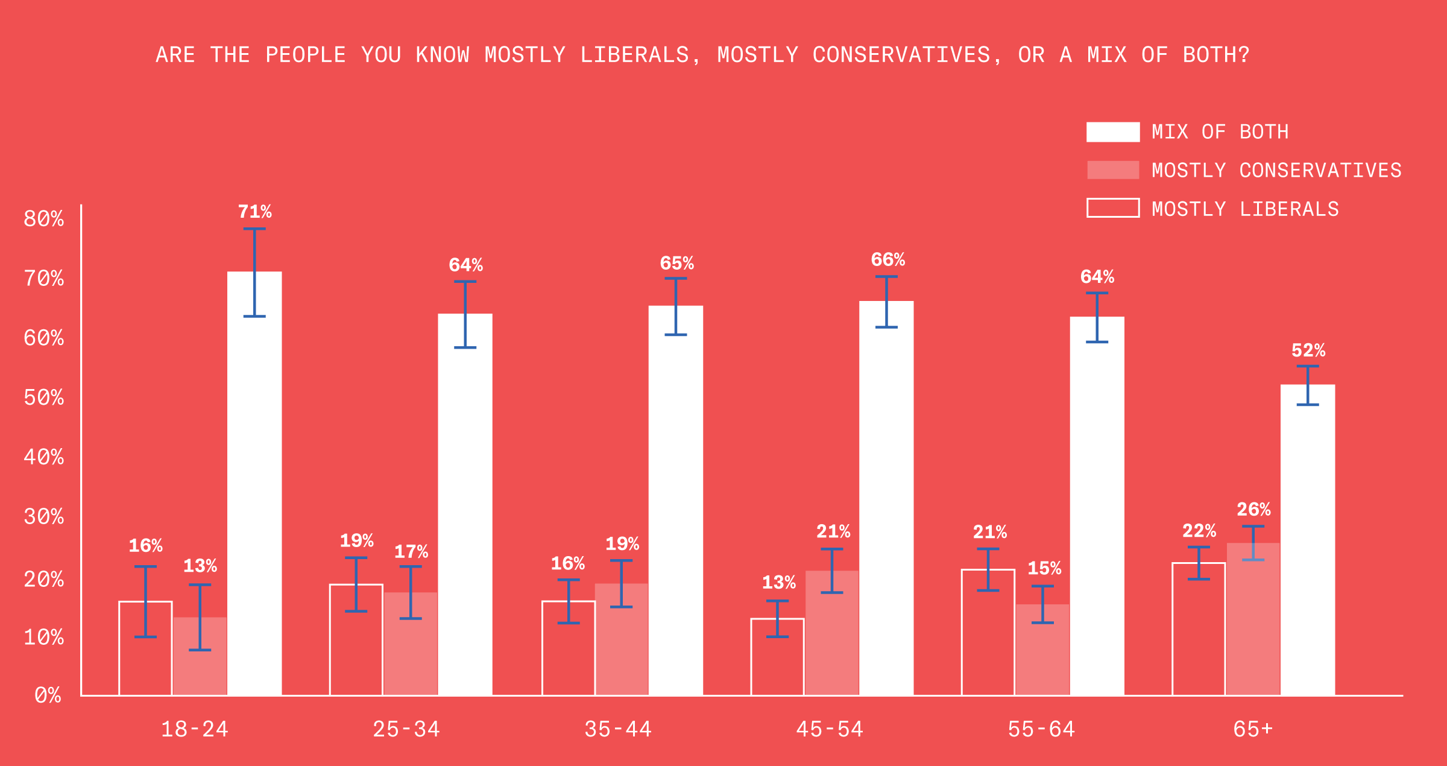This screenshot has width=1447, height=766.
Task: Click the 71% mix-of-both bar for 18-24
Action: point(254,483)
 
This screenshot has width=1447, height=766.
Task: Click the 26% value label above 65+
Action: point(1253,510)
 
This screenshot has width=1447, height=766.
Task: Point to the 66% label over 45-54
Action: point(887,260)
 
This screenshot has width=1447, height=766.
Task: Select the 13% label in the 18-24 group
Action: point(200,566)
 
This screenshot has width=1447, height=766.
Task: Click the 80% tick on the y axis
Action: point(43,218)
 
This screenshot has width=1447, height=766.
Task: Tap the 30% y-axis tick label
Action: point(43,516)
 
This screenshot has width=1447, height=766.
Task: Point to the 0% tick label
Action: point(48,695)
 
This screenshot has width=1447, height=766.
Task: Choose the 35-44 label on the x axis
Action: point(618,729)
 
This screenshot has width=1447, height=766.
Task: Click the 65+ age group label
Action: point(1253,729)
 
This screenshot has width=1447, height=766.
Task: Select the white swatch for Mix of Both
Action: point(1113,132)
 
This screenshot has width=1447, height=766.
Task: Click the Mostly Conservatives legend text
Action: point(1276,170)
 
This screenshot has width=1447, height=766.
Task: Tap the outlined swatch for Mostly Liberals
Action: point(1113,208)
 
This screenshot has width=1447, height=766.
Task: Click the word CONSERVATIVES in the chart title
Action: point(901,55)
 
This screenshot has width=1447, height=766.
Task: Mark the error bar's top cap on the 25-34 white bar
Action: point(465,282)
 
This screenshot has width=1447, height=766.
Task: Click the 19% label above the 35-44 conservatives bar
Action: point(622,544)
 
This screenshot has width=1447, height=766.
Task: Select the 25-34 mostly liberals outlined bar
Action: point(356,639)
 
